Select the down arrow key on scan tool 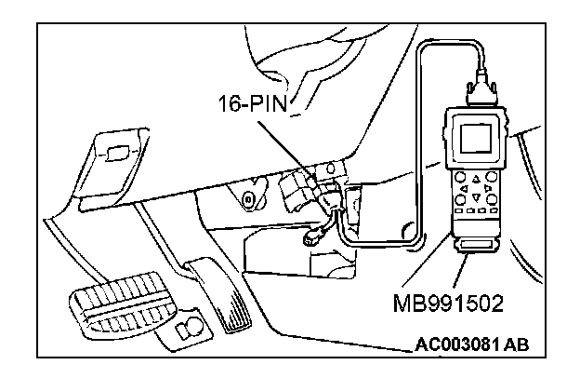(x=478, y=197)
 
